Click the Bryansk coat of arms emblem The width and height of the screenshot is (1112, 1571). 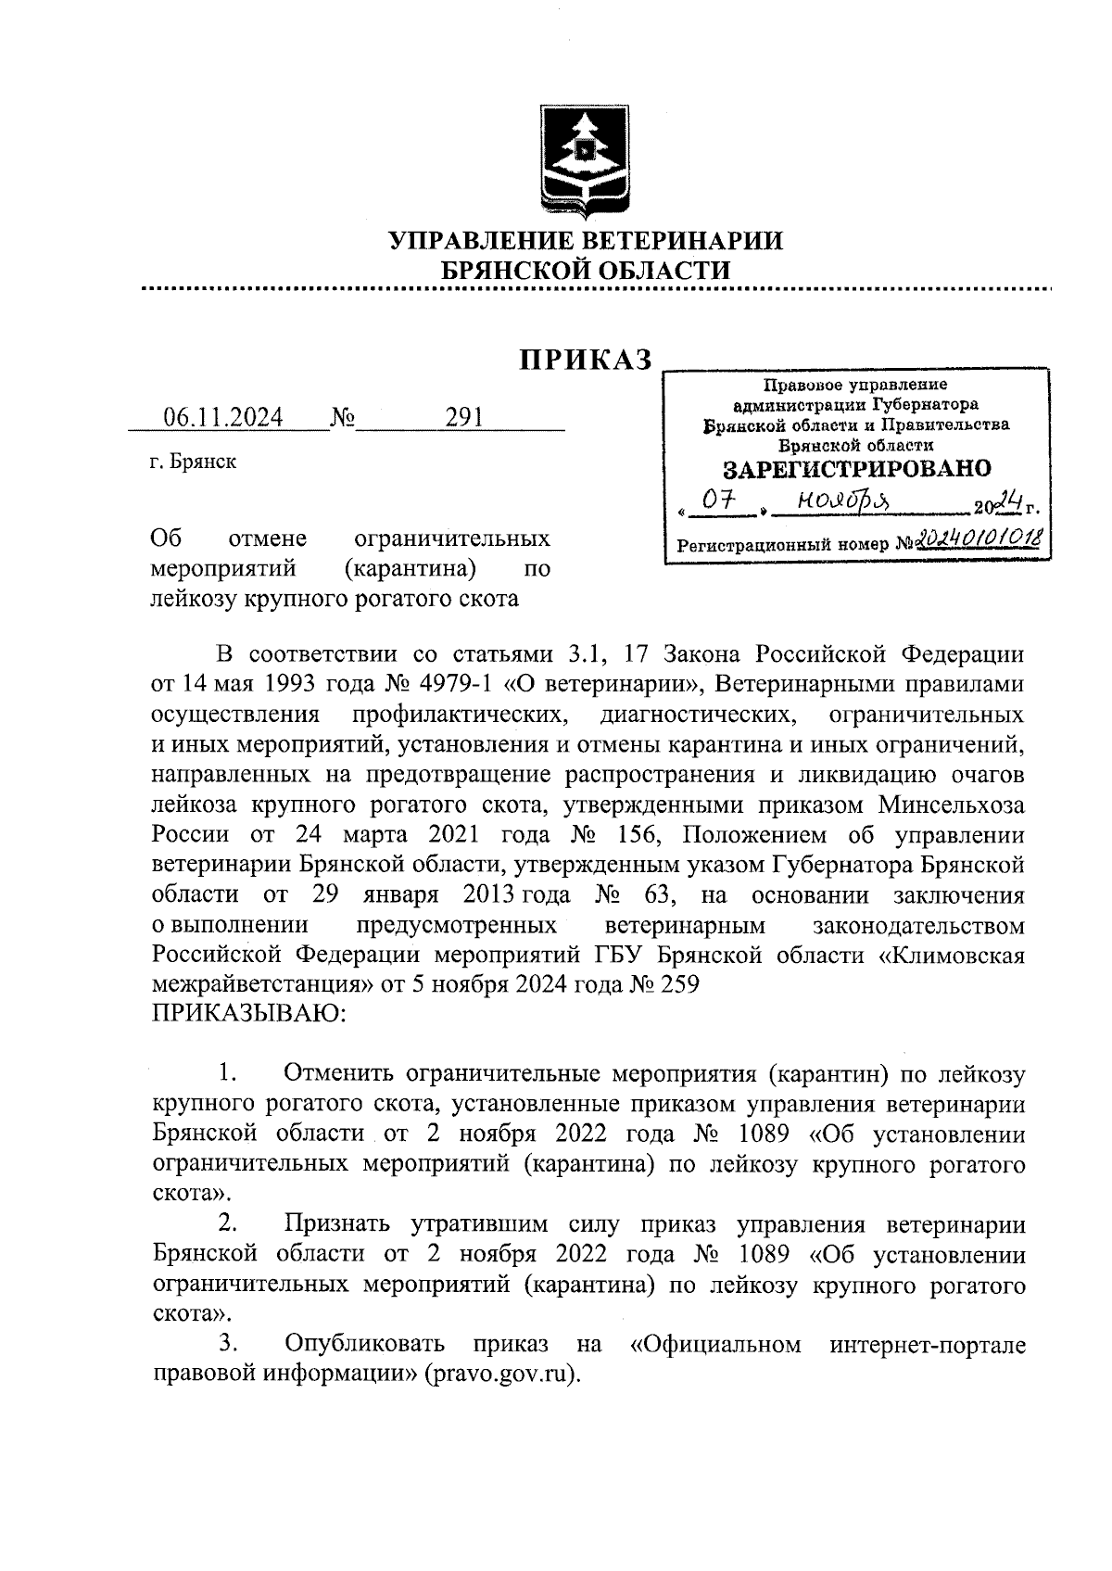pyautogui.click(x=585, y=162)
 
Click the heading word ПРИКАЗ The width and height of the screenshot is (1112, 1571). pyautogui.click(x=586, y=360)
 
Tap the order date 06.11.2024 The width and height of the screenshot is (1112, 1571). pyautogui.click(x=223, y=418)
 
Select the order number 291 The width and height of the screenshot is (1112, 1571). pyautogui.click(x=464, y=418)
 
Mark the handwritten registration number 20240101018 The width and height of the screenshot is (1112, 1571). pyautogui.click(x=977, y=540)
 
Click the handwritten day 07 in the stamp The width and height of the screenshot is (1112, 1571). pyautogui.click(x=717, y=501)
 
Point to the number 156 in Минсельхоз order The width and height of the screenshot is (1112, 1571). pyautogui.click(x=633, y=835)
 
